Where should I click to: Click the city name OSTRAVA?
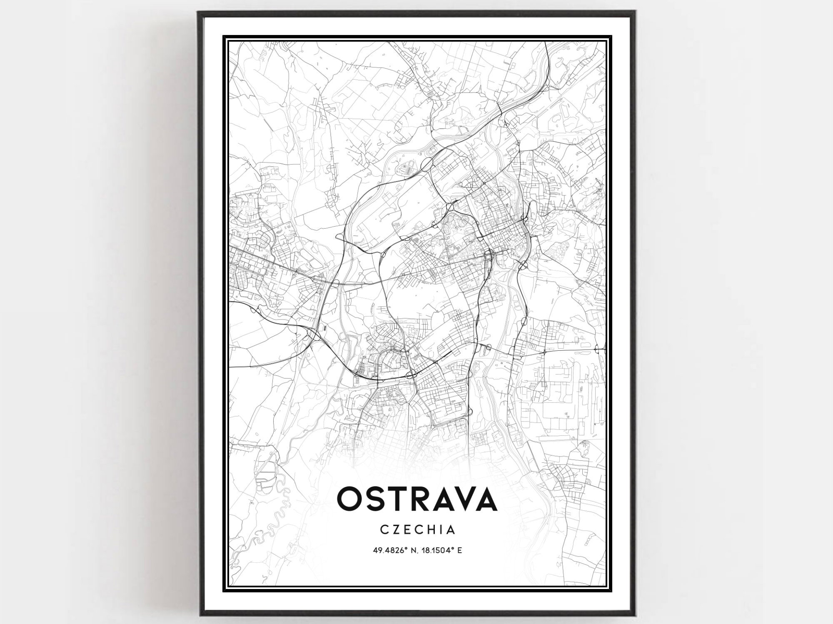tap(417, 499)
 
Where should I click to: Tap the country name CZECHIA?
tap(417, 529)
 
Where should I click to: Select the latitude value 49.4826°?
tap(390, 550)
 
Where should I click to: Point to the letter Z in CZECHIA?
tap(397, 529)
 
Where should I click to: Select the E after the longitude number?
tap(459, 550)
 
